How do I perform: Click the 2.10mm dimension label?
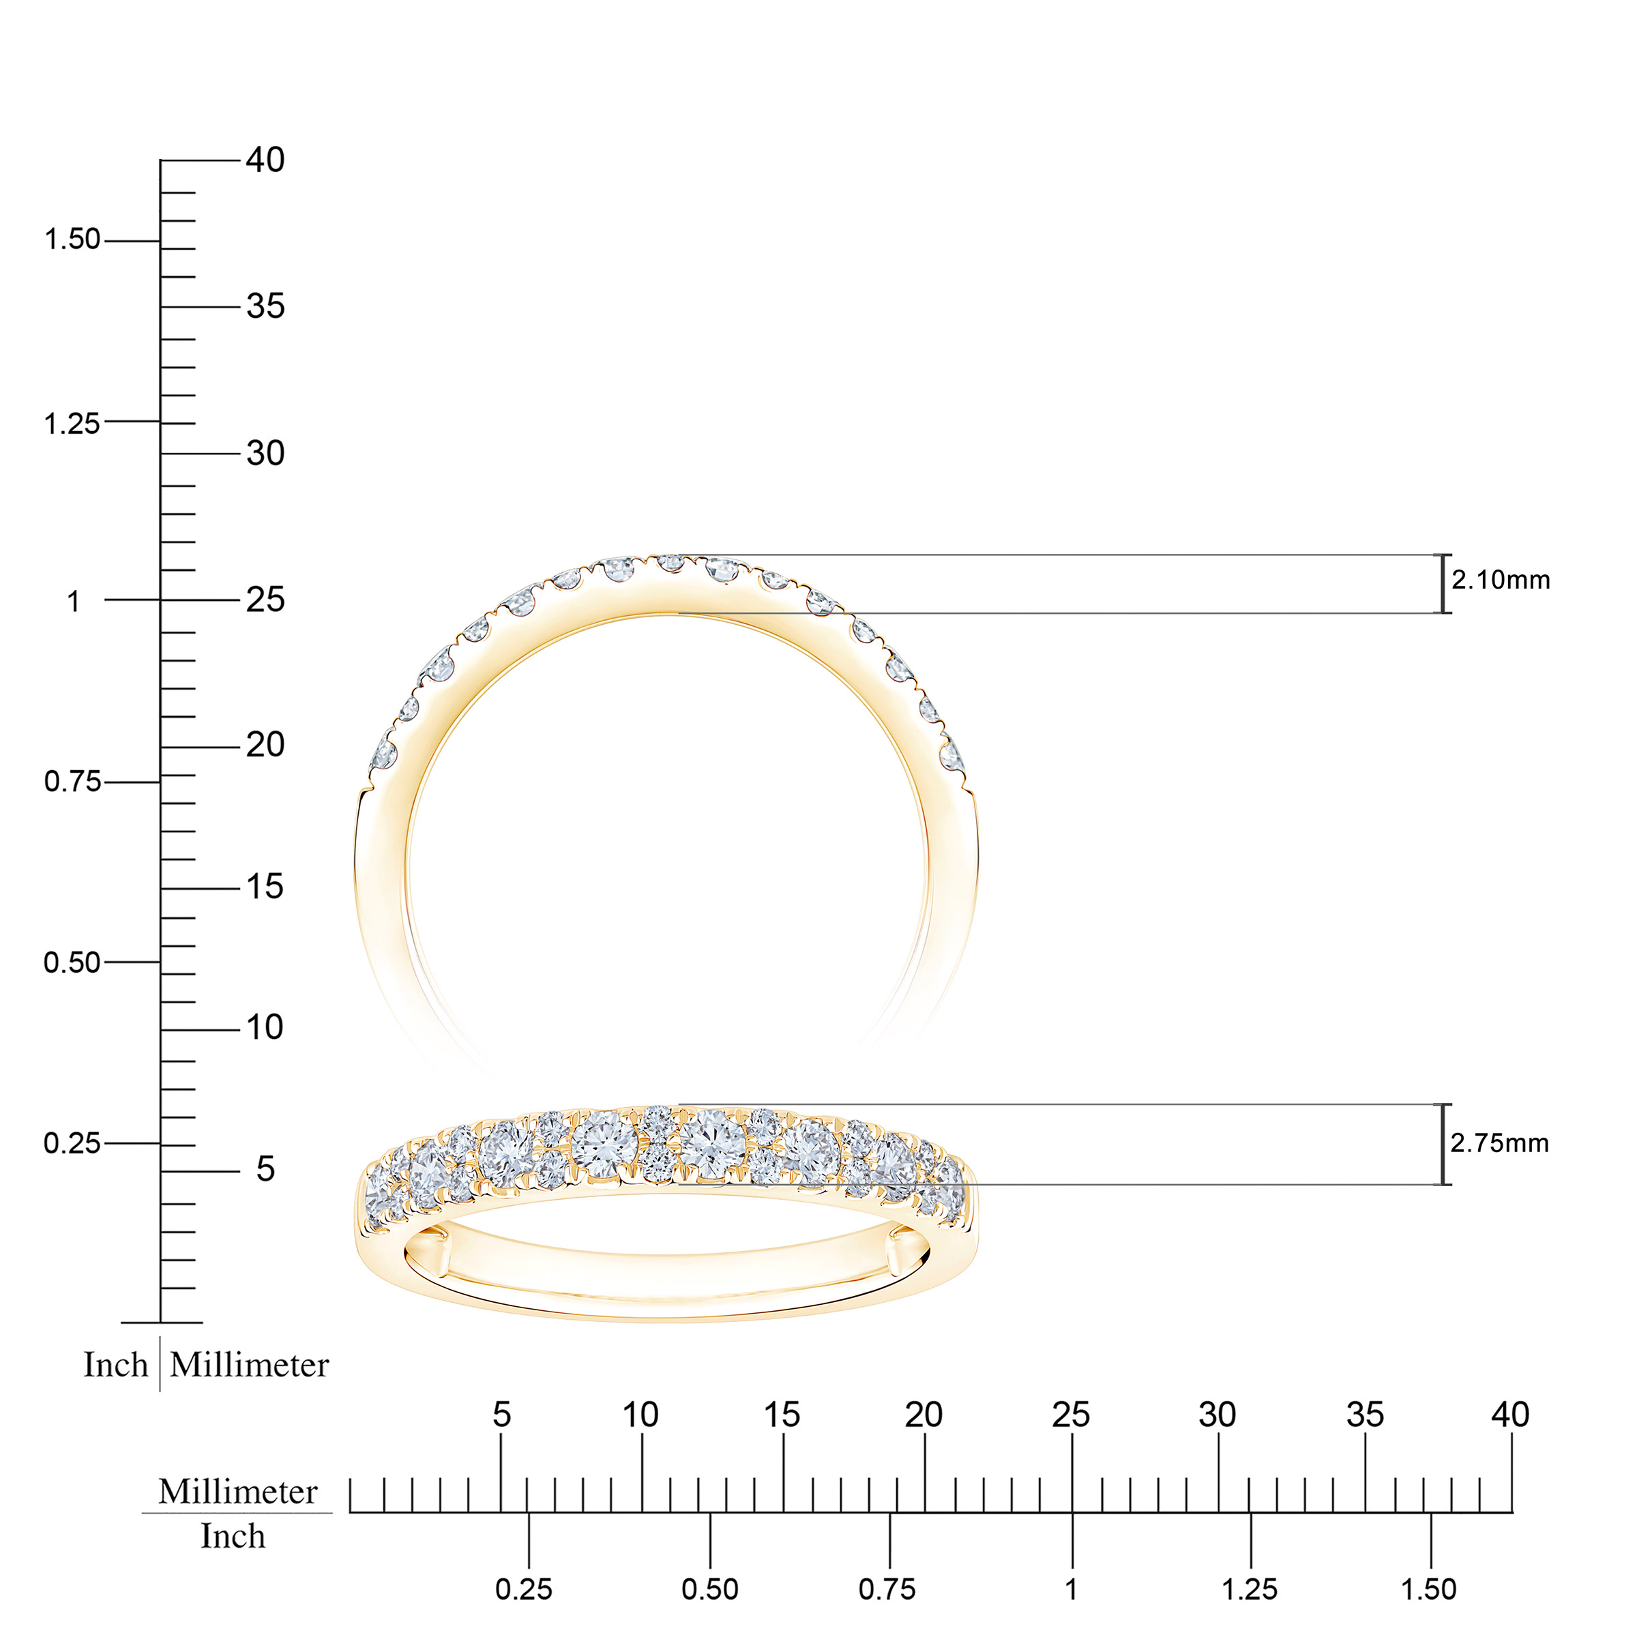pyautogui.click(x=1501, y=580)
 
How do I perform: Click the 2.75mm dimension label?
pyautogui.click(x=1500, y=1143)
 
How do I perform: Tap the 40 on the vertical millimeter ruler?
pyautogui.click(x=265, y=160)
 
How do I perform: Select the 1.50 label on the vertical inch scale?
pyautogui.click(x=73, y=240)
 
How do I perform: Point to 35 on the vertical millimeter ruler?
pyautogui.click(x=265, y=307)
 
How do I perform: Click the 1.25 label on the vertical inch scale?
pyautogui.click(x=72, y=424)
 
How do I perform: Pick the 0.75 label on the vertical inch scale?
pyautogui.click(x=73, y=781)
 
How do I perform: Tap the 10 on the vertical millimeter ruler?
pyautogui.click(x=265, y=1027)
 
